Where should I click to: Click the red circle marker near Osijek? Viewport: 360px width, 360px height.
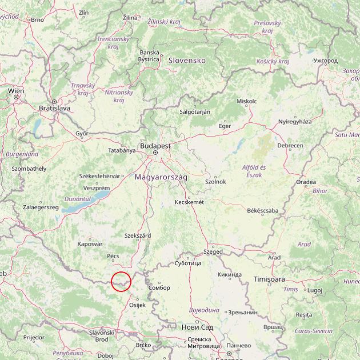[121, 281]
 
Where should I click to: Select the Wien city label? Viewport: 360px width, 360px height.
[16, 90]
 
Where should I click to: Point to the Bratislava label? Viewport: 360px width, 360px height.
[54, 107]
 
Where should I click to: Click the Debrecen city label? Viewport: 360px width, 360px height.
[290, 146]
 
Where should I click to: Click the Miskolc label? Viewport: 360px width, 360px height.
[246, 101]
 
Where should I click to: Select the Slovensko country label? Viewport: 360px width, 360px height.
[186, 59]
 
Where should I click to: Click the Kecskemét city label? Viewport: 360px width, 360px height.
[190, 202]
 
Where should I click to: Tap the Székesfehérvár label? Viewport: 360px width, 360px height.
[101, 176]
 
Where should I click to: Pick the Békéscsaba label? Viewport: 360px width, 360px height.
[262, 210]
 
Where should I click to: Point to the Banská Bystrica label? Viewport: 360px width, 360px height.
[149, 55]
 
